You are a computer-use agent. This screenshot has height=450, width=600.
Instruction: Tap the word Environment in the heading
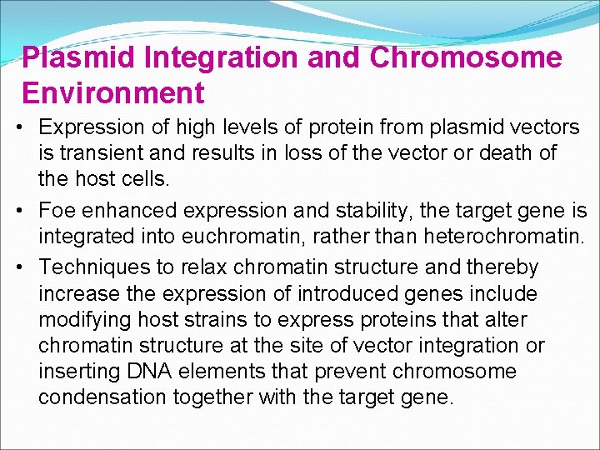point(113,92)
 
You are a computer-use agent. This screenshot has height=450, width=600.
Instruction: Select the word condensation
point(102,397)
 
